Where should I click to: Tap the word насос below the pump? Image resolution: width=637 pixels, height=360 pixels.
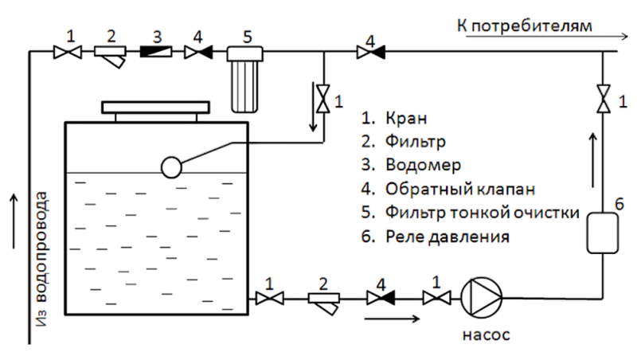pyautogui.click(x=487, y=335)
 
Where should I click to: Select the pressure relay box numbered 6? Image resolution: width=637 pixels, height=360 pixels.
pyautogui.click(x=603, y=233)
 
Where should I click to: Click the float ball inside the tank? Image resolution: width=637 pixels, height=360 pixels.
pyautogui.click(x=171, y=167)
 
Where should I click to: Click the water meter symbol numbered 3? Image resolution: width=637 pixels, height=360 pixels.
pyautogui.click(x=156, y=52)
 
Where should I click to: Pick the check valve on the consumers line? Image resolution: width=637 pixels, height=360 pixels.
pyautogui.click(x=370, y=52)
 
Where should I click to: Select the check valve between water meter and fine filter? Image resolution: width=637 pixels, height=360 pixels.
pyautogui.click(x=198, y=52)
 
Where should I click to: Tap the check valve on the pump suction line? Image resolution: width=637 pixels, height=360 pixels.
pyautogui.click(x=381, y=299)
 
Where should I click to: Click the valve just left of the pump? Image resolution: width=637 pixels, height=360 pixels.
pyautogui.click(x=436, y=299)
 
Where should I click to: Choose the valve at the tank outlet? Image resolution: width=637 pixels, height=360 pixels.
pyautogui.click(x=270, y=299)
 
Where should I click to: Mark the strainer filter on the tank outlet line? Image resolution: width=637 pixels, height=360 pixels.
pyautogui.click(x=324, y=303)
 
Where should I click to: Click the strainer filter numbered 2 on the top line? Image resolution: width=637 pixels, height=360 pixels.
pyautogui.click(x=110, y=57)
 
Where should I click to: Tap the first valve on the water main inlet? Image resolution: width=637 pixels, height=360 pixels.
pyautogui.click(x=68, y=52)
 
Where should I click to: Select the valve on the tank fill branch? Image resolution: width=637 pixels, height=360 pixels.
pyautogui.click(x=323, y=99)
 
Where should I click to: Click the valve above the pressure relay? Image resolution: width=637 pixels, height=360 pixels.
pyautogui.click(x=604, y=99)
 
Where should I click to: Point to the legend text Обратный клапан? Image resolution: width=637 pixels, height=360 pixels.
pyautogui.click(x=460, y=189)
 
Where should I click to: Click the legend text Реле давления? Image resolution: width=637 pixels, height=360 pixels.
pyautogui.click(x=447, y=236)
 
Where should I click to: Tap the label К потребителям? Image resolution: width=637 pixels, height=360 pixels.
pyautogui.click(x=525, y=26)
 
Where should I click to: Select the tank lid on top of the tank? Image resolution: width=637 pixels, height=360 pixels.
pyautogui.click(x=155, y=108)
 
